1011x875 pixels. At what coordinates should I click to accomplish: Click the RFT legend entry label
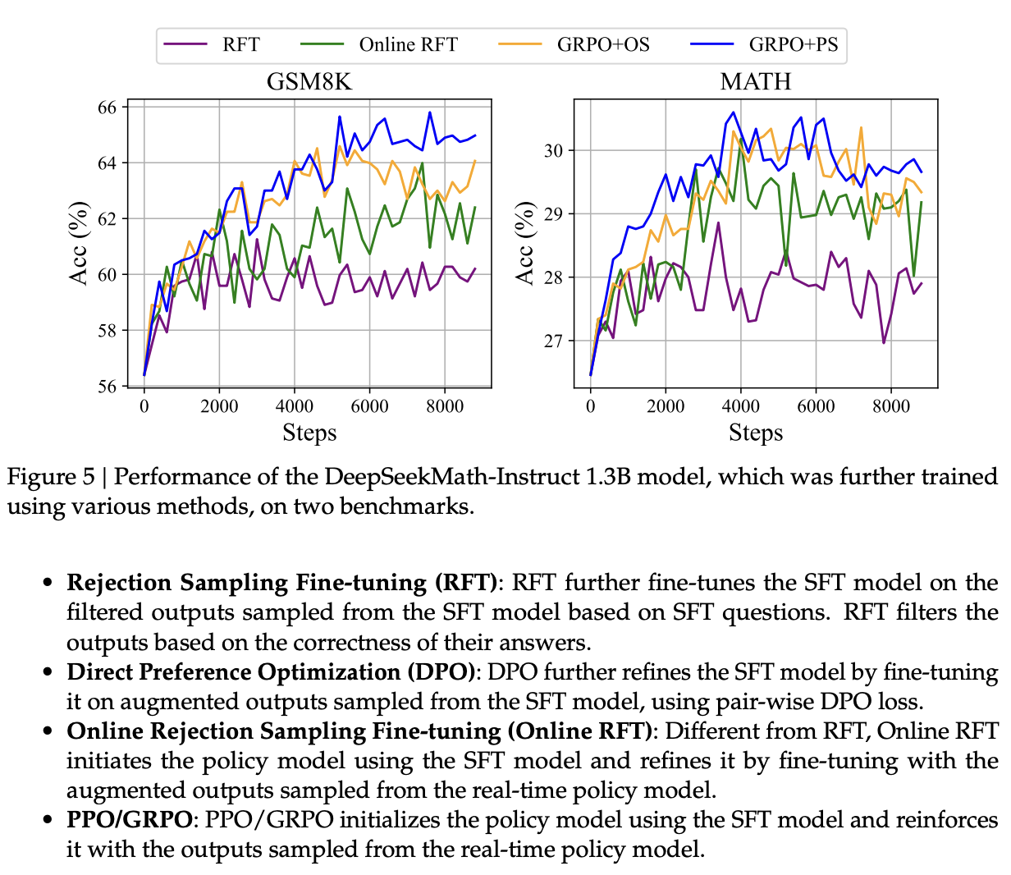241,44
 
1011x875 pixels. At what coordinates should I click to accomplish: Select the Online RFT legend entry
408,44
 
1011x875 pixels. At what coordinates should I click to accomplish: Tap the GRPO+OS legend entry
603,44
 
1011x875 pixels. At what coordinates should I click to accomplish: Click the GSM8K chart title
309,82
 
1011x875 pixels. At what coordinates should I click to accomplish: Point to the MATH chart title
756,82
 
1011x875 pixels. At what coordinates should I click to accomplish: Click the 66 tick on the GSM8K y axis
108,108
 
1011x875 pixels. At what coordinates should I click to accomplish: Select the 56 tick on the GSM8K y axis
108,386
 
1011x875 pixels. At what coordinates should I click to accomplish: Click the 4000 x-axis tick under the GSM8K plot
294,406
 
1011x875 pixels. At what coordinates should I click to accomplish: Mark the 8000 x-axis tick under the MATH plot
891,406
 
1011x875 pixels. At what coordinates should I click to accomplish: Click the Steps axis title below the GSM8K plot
309,433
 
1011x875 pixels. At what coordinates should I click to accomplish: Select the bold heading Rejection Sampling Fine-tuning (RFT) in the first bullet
281,583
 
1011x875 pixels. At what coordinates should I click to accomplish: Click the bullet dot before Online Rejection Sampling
49,731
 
